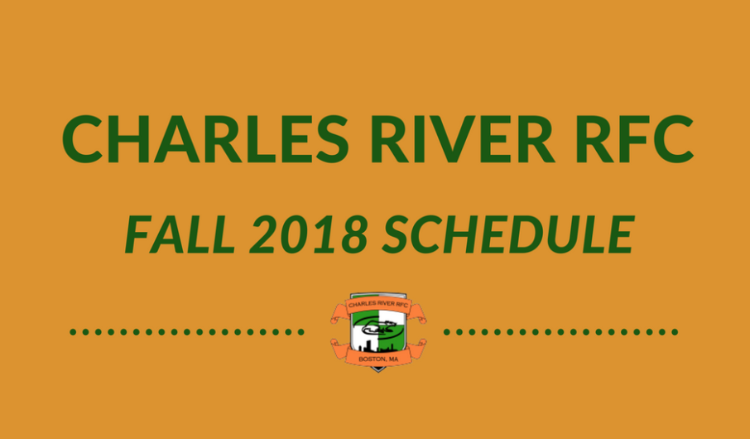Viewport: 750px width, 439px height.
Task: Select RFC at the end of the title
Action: point(635,139)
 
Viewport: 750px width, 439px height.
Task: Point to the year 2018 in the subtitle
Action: point(309,234)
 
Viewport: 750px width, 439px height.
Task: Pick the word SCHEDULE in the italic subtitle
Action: point(508,234)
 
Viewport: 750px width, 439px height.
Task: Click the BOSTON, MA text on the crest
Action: point(377,359)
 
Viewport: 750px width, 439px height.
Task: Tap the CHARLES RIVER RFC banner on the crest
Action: point(377,305)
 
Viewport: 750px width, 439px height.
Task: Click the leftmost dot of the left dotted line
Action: point(73,332)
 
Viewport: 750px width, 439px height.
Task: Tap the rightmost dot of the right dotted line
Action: point(675,332)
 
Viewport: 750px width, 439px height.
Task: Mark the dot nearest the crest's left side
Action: point(300,332)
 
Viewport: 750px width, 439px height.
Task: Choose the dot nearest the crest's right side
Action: point(447,332)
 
